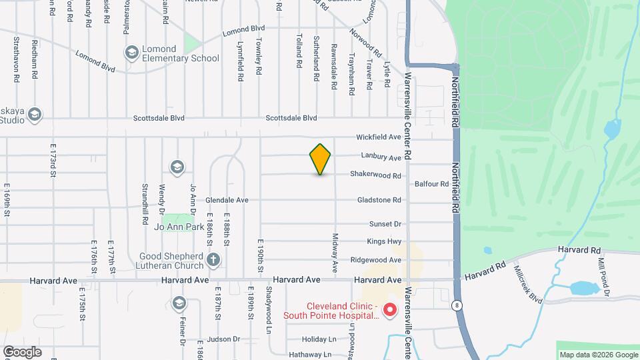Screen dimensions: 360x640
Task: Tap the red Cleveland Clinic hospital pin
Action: (389, 310)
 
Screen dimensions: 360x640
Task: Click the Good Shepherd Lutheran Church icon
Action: (213, 259)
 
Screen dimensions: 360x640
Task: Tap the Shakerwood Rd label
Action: (377, 176)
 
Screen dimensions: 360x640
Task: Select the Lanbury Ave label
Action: (381, 157)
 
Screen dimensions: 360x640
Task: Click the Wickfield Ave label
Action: (378, 137)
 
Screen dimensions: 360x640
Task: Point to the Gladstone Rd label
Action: (379, 200)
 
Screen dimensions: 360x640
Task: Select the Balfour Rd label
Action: (431, 183)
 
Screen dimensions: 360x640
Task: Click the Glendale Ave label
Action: (227, 200)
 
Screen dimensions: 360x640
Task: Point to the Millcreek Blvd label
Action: (528, 282)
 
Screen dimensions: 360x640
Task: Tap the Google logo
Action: (22, 351)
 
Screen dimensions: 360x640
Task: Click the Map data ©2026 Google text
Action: (597, 355)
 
